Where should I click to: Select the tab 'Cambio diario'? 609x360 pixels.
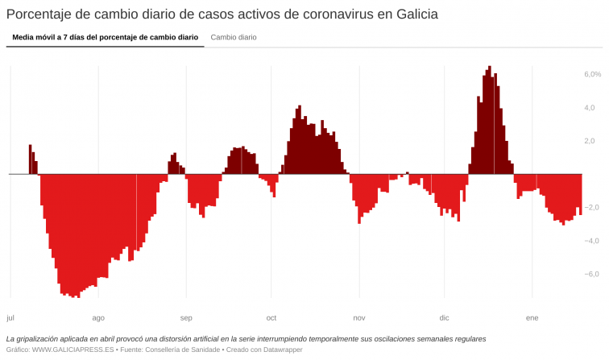point(234,37)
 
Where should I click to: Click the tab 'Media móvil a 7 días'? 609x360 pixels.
point(105,37)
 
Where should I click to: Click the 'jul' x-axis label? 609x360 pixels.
point(10,317)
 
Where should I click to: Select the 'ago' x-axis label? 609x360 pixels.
point(98,317)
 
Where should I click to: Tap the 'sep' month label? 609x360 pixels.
point(186,317)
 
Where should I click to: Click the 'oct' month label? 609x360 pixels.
point(271,317)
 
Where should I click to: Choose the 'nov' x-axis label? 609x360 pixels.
point(359,317)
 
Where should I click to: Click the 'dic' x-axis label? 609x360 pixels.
point(444,317)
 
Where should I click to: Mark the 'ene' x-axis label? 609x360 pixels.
point(532,317)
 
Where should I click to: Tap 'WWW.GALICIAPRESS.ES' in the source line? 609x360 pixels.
point(73,350)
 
